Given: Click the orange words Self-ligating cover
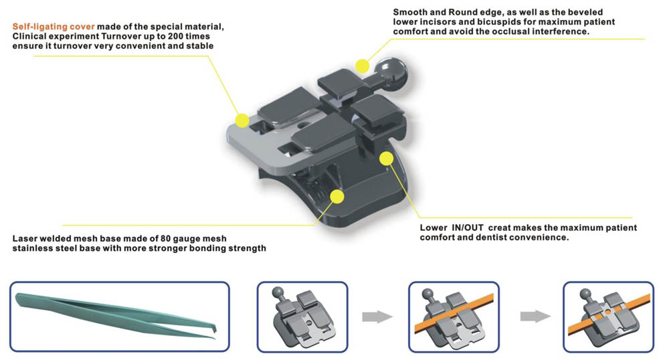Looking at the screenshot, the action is click(54, 27).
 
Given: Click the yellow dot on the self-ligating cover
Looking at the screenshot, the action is click(242, 120).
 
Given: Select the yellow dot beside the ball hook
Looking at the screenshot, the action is click(362, 66).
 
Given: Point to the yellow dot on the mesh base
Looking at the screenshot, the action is click(337, 197).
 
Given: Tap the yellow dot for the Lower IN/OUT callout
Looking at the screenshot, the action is click(386, 159).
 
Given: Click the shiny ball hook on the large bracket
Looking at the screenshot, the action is click(391, 70).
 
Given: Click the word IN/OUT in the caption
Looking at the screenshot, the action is click(468, 228).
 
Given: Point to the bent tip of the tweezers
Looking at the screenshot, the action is click(214, 331).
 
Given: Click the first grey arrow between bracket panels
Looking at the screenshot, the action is click(377, 317).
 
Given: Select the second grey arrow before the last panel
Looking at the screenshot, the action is click(535, 317).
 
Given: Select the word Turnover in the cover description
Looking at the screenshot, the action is click(120, 36).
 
